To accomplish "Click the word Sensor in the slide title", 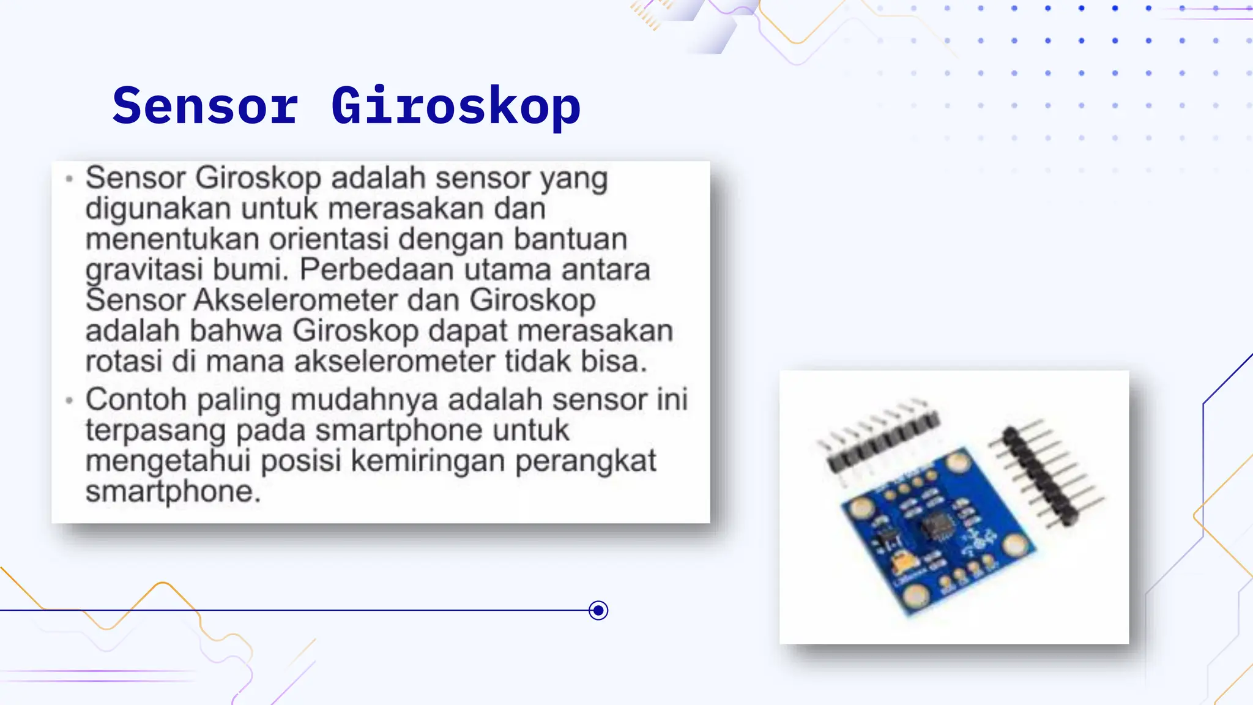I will (206, 106).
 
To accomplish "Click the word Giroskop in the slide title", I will (456, 107).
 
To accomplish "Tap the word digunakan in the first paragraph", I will (158, 209).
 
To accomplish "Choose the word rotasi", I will (124, 361).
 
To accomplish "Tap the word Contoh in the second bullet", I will (136, 400).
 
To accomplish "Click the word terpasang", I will (155, 430).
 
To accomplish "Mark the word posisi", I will (300, 461).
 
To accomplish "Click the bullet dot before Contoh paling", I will (69, 400).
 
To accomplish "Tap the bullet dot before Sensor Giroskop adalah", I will (69, 179).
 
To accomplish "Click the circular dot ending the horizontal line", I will (598, 610).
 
